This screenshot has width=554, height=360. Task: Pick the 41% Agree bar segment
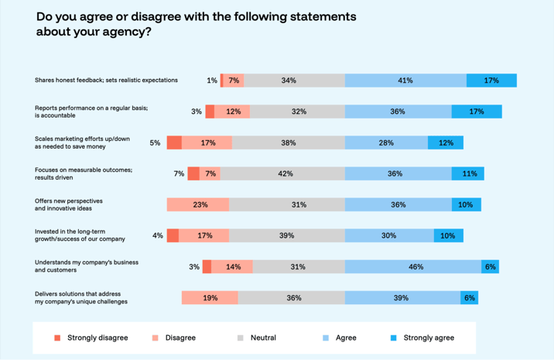point(405,81)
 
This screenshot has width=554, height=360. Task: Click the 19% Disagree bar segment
point(210,297)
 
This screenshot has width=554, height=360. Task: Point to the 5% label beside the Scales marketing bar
point(155,142)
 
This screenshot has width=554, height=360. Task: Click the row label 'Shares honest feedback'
point(106,81)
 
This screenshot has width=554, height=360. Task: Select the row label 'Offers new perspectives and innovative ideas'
point(80,204)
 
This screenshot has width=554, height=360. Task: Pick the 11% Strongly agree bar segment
point(468,173)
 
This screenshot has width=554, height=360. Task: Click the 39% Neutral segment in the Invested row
point(286,235)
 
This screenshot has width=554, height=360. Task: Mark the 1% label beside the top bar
point(211,81)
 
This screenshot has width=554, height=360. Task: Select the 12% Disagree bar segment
point(232,111)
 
